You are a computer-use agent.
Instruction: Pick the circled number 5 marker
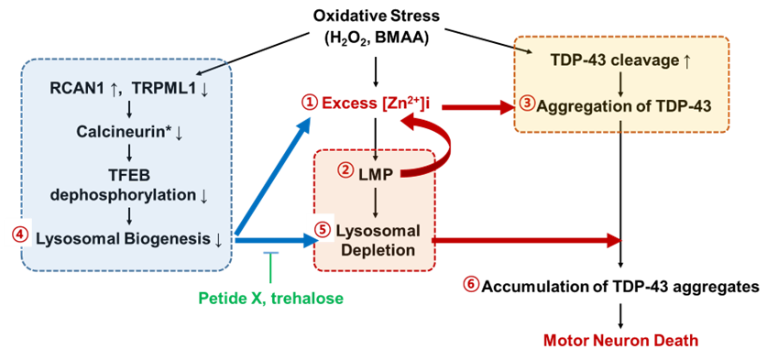pos(321,228)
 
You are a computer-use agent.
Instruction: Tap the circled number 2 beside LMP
pos(345,169)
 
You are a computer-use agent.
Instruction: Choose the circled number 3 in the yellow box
pos(526,104)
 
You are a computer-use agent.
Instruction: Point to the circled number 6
pos(470,283)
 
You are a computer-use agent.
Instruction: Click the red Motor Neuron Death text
pos(620,341)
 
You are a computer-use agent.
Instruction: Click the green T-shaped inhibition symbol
pos(269,265)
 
